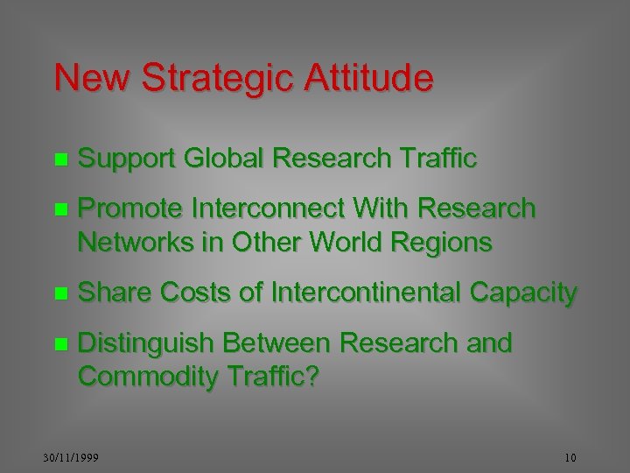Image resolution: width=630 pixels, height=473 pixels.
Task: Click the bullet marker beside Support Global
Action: [x=59, y=160]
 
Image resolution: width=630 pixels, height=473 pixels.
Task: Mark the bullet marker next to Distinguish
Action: [x=59, y=344]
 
